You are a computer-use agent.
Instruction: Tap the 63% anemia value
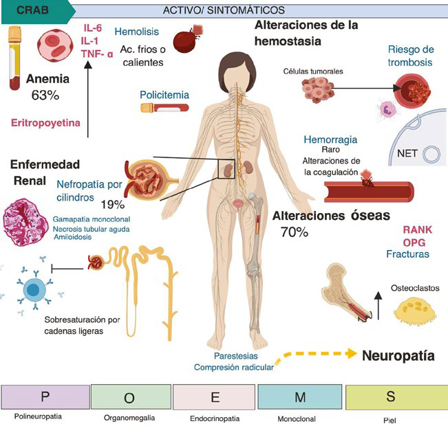point(45,96)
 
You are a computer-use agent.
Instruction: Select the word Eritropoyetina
point(46,123)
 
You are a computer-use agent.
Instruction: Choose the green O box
point(130,396)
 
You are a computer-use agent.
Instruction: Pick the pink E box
point(215,396)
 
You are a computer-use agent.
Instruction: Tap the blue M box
point(300,396)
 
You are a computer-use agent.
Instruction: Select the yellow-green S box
point(390,396)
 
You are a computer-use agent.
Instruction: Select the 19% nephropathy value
point(111,204)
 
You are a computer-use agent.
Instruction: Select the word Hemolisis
point(137,32)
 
